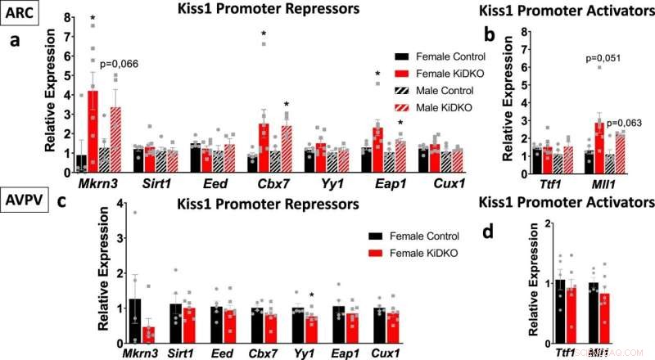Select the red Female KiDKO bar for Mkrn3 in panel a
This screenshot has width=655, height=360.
[x=93, y=132]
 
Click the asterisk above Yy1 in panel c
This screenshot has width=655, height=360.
[x=312, y=296]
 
